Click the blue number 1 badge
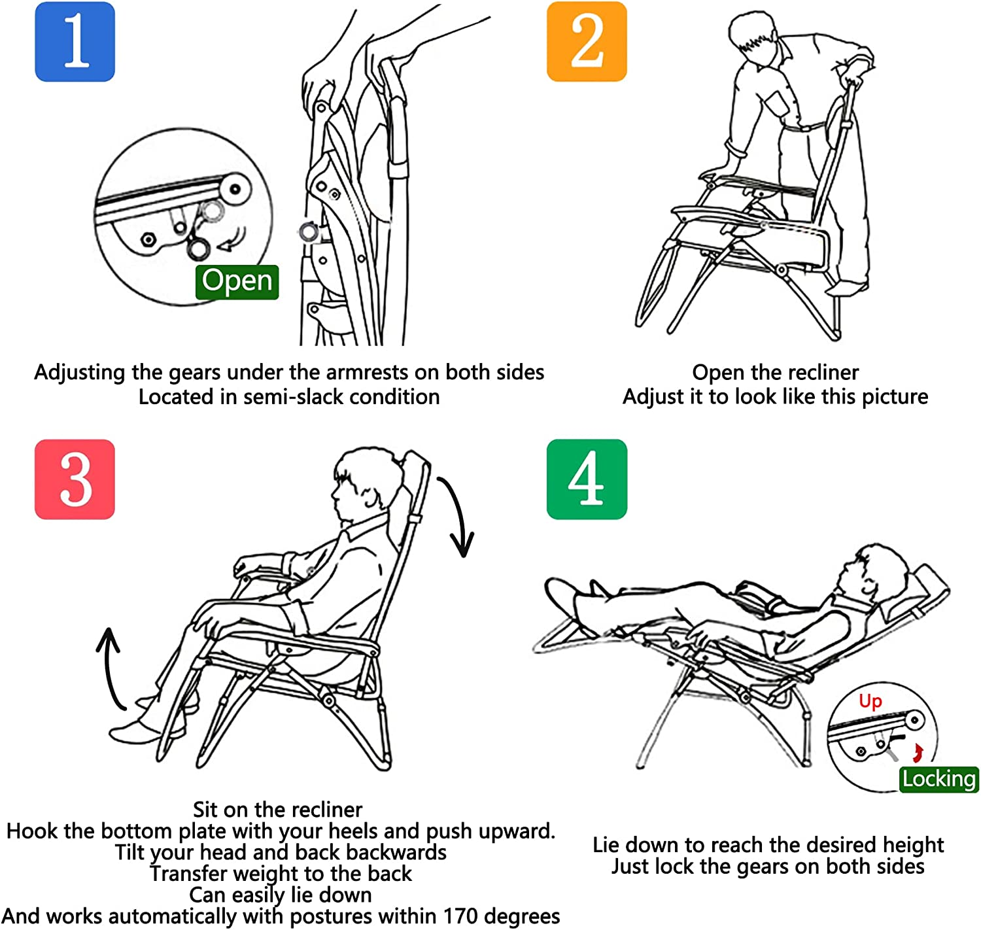click(75, 41)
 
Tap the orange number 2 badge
click(586, 41)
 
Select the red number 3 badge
click(75, 479)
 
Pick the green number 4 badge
click(587, 479)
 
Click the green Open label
click(237, 281)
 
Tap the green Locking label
click(938, 779)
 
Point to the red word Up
click(870, 701)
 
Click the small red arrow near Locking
click(917, 752)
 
